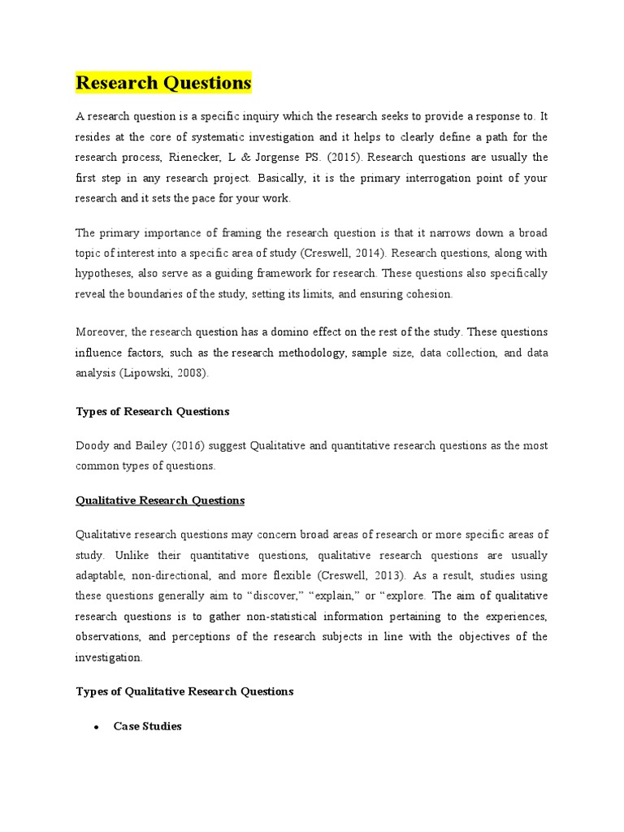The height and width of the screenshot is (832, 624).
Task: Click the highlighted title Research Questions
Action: tap(163, 83)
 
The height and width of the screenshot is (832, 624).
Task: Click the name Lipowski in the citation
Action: tap(148, 374)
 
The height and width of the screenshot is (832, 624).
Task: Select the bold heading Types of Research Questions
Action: tap(153, 411)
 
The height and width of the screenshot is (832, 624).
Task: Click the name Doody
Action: tap(92, 445)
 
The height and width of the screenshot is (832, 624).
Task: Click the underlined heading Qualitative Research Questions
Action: tap(160, 500)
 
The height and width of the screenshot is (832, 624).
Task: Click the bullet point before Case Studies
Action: tap(95, 726)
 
